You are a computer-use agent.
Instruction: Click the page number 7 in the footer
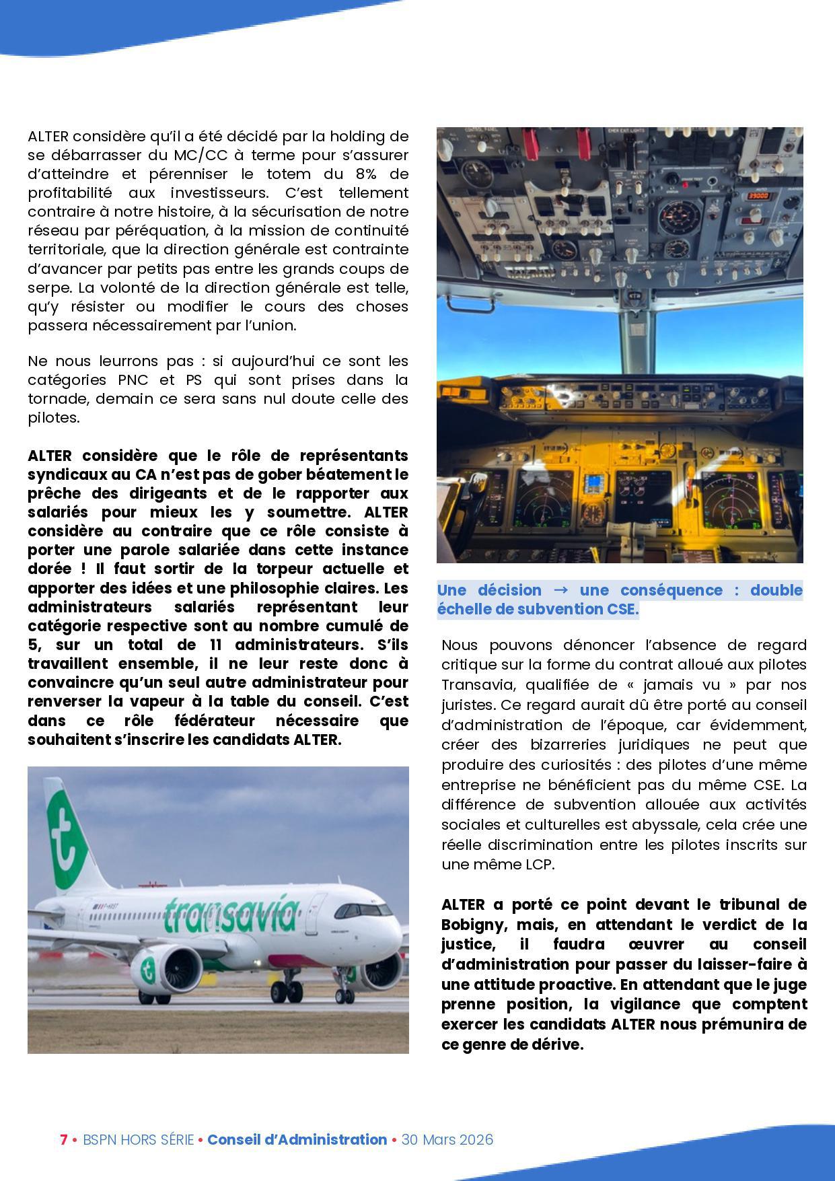[64, 1139]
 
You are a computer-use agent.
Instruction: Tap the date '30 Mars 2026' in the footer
[447, 1139]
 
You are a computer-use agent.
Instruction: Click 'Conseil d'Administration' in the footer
[297, 1139]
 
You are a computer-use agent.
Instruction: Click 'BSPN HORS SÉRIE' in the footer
[138, 1139]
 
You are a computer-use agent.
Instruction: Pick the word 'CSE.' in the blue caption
[620, 610]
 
